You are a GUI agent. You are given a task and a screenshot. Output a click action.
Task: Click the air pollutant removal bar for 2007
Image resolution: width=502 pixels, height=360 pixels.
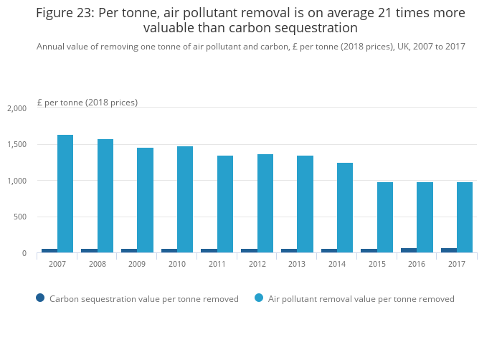pyautogui.click(x=65, y=194)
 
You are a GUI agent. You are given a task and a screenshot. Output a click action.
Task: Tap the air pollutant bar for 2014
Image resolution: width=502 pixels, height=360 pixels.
pyautogui.click(x=345, y=208)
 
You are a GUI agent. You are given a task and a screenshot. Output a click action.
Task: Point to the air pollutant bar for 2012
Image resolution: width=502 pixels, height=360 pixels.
pyautogui.click(x=265, y=204)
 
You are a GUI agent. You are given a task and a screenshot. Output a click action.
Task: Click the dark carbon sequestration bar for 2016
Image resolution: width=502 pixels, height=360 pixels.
pyautogui.click(x=409, y=250)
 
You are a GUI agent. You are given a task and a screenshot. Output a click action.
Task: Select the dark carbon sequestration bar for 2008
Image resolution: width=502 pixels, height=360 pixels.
pyautogui.click(x=89, y=250)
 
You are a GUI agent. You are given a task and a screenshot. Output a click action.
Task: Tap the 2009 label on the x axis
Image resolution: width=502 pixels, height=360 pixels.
pyautogui.click(x=136, y=264)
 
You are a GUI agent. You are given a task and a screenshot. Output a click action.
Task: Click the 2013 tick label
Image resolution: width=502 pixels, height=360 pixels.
pyautogui.click(x=296, y=264)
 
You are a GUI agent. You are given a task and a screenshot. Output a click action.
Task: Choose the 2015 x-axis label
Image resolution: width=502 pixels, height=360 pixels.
pyautogui.click(x=376, y=264)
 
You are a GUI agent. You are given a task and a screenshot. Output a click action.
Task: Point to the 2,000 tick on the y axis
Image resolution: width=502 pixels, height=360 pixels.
pyautogui.click(x=16, y=108)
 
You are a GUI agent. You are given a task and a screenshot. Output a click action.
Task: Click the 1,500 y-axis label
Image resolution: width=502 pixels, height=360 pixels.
pyautogui.click(x=16, y=145)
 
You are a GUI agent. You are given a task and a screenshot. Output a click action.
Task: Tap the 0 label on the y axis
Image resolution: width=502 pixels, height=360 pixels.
pyautogui.click(x=24, y=253)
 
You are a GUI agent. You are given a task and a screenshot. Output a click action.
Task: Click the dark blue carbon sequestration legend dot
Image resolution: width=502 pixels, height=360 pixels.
pyautogui.click(x=40, y=298)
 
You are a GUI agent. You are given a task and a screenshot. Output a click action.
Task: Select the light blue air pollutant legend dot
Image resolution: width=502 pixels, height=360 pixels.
pyautogui.click(x=259, y=298)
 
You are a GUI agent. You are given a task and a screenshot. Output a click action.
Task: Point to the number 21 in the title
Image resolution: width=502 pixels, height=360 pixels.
pyautogui.click(x=369, y=13)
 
